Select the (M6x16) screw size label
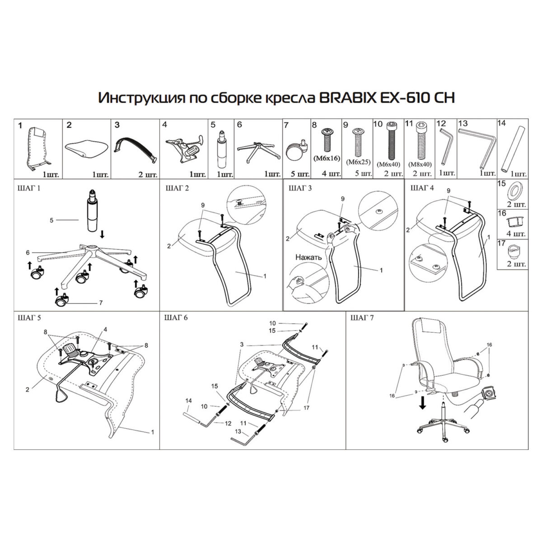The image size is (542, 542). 326,158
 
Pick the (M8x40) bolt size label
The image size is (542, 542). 420,165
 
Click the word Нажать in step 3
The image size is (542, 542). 308,257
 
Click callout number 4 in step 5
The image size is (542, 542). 105,329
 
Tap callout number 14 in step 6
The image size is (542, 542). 189,401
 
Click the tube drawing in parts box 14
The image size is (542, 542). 512,149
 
